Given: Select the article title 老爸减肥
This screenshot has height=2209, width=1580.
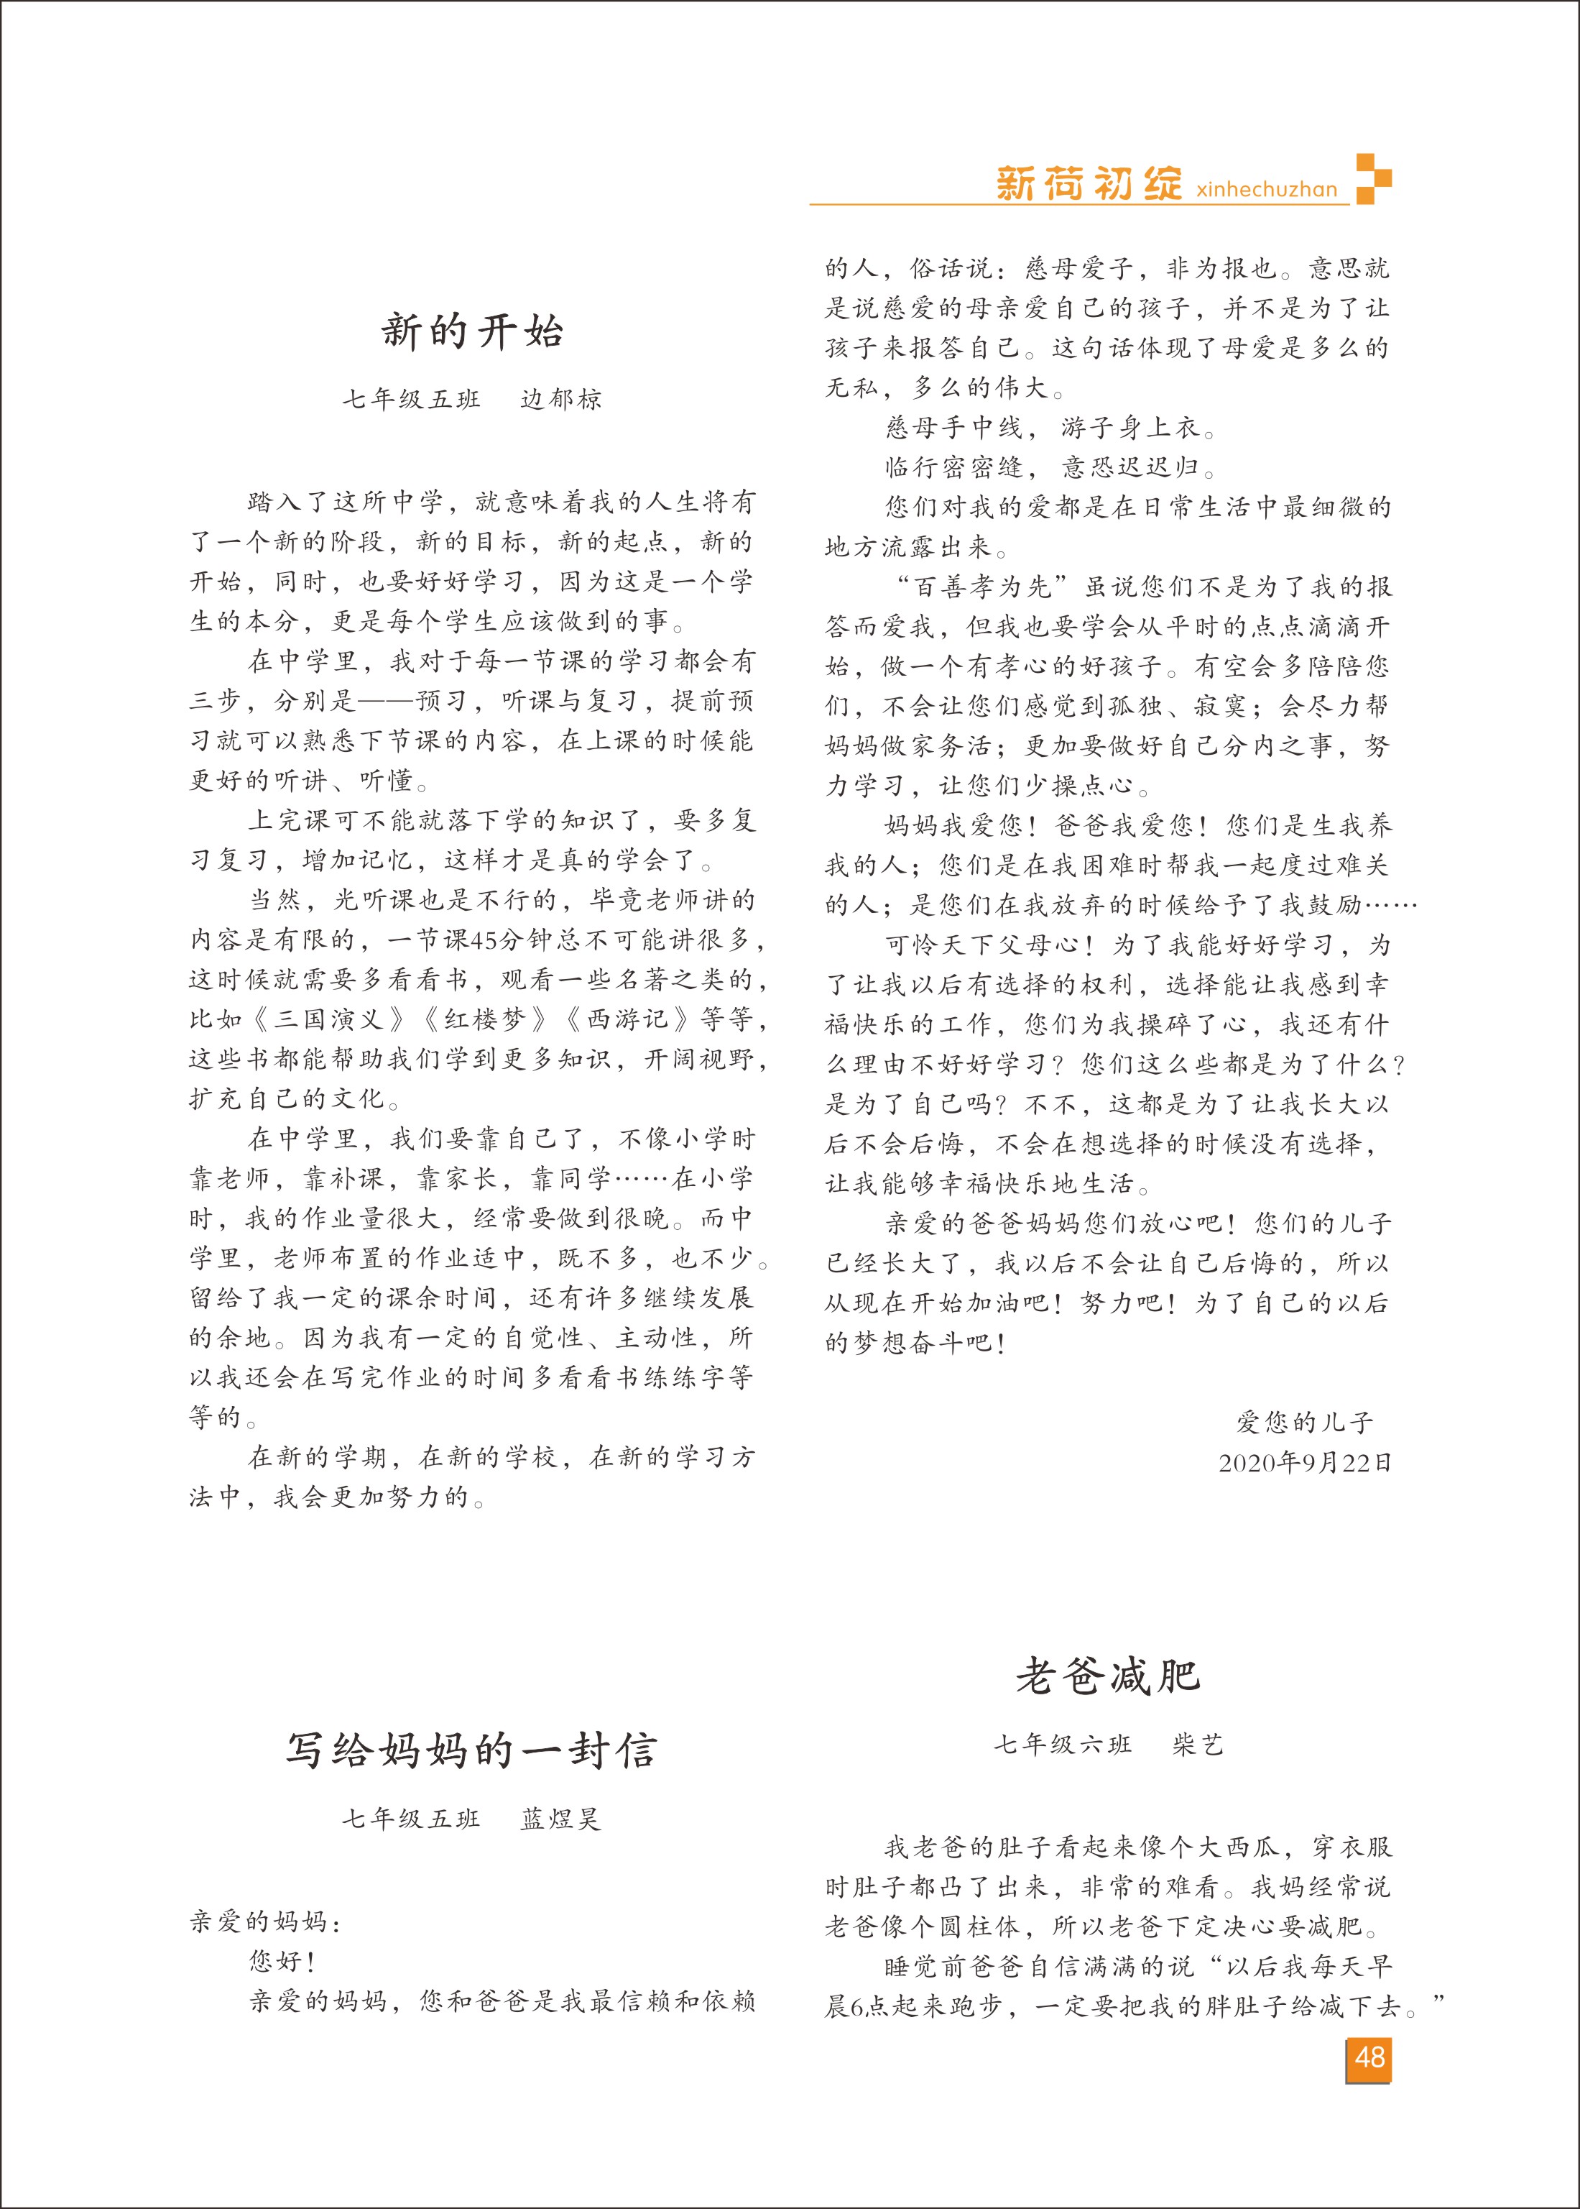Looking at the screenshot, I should tap(1107, 1676).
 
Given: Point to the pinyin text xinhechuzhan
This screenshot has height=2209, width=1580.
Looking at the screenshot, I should tap(1267, 189).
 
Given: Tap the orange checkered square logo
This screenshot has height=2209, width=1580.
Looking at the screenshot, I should tap(1373, 178).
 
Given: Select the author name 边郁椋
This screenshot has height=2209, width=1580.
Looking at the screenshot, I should tap(561, 399).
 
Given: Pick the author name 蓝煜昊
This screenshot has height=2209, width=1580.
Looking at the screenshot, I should tap(561, 1819).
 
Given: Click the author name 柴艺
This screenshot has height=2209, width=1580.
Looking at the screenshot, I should tap(1198, 1745).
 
